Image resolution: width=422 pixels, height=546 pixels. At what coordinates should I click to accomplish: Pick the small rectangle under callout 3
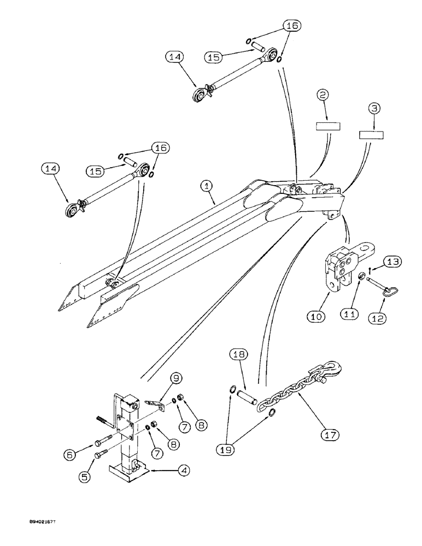coord(369,134)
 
